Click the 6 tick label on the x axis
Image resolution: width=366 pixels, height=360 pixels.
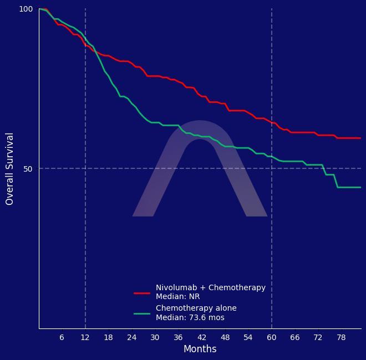(x=62, y=337)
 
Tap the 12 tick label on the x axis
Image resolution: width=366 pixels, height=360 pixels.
(x=85, y=337)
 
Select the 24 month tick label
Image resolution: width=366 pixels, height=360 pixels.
(x=131, y=337)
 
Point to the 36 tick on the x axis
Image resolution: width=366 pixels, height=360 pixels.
(x=178, y=337)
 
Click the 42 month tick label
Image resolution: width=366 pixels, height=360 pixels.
(x=201, y=337)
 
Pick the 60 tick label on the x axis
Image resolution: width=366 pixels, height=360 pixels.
(x=271, y=337)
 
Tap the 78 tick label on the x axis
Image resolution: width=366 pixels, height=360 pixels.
(x=341, y=337)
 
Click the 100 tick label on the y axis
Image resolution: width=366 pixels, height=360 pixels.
(x=26, y=9)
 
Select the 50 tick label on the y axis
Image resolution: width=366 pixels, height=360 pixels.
(x=28, y=169)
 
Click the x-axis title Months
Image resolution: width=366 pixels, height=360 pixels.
(x=200, y=349)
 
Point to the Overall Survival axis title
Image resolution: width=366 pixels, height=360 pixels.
(x=10, y=169)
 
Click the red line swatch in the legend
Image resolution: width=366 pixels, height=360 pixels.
(x=142, y=293)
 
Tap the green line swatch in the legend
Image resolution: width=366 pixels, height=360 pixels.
(x=142, y=313)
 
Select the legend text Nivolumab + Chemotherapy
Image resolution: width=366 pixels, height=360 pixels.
(x=211, y=288)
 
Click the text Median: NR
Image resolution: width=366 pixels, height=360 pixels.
(x=177, y=297)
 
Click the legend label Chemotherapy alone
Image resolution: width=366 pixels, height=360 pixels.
(x=196, y=308)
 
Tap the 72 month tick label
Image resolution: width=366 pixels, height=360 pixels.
(x=318, y=337)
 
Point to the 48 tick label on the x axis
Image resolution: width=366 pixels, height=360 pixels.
(x=225, y=337)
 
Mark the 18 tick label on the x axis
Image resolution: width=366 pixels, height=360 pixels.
(x=108, y=337)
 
